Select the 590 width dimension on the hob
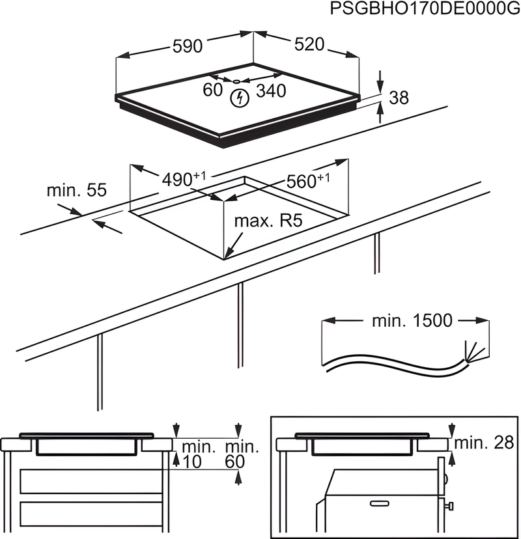pos(188,46)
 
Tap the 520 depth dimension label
pos(309,44)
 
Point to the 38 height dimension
pos(399,98)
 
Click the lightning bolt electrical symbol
pos(240,99)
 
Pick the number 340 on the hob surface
pos(270,91)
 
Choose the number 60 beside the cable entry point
pos(212,90)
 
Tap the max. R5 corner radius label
pos(268,221)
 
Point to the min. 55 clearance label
pos(76,191)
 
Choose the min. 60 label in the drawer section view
pos(242,454)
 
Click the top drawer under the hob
pos(91,481)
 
